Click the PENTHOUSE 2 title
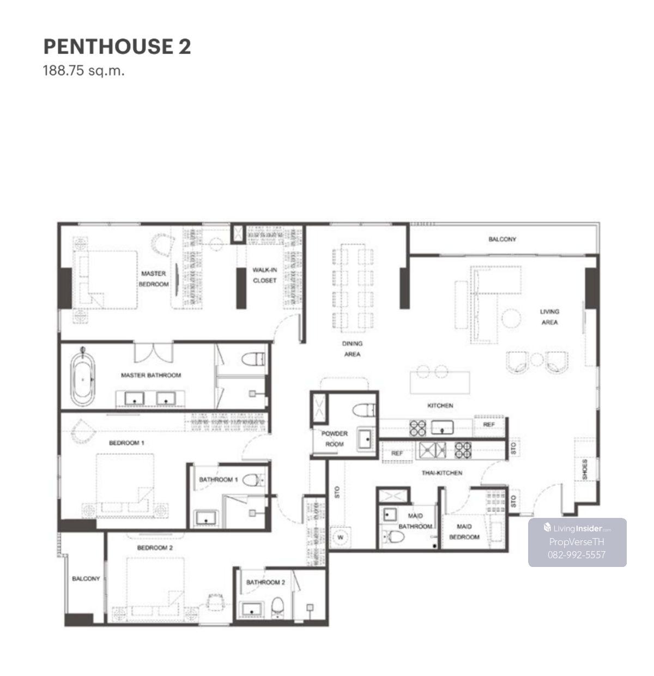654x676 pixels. [117, 46]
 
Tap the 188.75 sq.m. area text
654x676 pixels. [84, 71]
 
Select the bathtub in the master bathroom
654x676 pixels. [83, 379]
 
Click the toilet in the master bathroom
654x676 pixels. [253, 359]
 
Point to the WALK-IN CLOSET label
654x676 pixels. [265, 275]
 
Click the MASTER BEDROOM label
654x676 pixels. [154, 279]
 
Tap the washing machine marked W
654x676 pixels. [340, 538]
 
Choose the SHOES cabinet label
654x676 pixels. [585, 469]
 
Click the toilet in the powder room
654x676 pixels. [364, 410]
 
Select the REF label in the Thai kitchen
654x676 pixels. [397, 453]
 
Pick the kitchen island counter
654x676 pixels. [440, 383]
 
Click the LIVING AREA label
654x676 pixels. [549, 317]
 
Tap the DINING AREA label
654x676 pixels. [352, 349]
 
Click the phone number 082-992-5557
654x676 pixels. [577, 555]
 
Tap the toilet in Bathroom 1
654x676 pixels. [253, 480]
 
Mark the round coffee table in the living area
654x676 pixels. [511, 318]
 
